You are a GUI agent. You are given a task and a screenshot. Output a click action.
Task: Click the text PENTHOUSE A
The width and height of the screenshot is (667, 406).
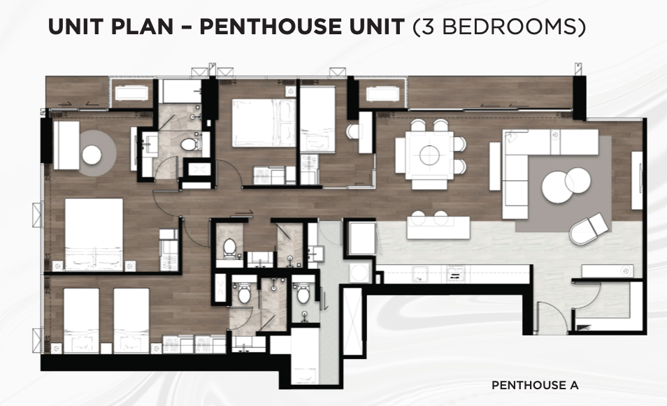(x=535, y=385)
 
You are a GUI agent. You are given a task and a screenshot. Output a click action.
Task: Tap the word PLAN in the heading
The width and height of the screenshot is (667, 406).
(x=142, y=27)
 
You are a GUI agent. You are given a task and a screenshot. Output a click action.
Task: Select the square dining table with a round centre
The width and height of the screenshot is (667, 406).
(x=429, y=154)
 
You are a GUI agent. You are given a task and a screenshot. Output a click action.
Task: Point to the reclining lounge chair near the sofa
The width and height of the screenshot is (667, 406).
(x=589, y=229)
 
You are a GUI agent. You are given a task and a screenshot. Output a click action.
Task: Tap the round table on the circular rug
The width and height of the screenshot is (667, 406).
(x=92, y=154)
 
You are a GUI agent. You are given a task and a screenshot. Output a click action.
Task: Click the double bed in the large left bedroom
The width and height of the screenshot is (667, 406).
(x=94, y=234)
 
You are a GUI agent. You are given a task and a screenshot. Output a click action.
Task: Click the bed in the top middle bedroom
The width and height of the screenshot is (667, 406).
(x=264, y=123)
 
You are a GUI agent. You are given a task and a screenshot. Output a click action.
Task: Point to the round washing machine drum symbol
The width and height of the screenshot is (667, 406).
(x=359, y=273)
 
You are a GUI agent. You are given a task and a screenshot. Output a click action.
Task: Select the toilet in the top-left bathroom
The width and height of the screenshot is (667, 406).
(x=191, y=145)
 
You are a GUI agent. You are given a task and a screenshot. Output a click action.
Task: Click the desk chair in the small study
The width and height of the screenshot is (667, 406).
(x=352, y=131)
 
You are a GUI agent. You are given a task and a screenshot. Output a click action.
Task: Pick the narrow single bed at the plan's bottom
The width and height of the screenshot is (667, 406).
(x=305, y=356)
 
